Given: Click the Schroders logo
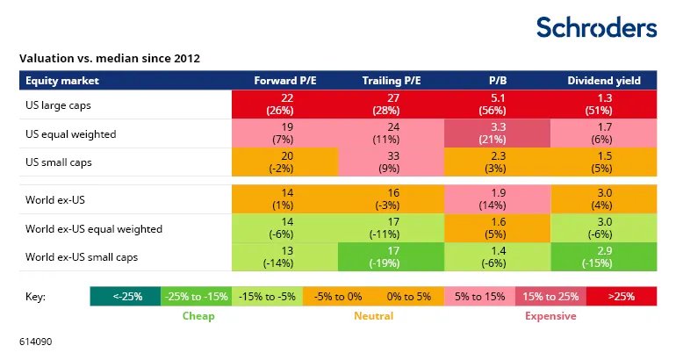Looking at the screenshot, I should pyautogui.click(x=596, y=27).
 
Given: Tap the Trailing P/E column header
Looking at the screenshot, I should pyautogui.click(x=392, y=81).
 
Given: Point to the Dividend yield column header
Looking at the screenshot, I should pyautogui.click(x=604, y=81).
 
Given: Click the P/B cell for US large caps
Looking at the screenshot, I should pyautogui.click(x=499, y=104).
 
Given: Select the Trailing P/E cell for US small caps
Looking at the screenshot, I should pyautogui.click(x=392, y=162).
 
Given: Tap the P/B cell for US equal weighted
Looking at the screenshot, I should pyautogui.click(x=499, y=133).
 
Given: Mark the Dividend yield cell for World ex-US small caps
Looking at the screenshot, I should pyautogui.click(x=604, y=257).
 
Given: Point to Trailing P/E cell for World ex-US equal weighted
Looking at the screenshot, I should pyautogui.click(x=392, y=228).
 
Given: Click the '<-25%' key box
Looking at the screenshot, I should pyautogui.click(x=125, y=296).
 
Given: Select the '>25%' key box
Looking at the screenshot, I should pyautogui.click(x=622, y=296).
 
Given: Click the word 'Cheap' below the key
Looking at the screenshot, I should pyautogui.click(x=198, y=315).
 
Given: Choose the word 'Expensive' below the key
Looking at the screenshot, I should pyautogui.click(x=550, y=315).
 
